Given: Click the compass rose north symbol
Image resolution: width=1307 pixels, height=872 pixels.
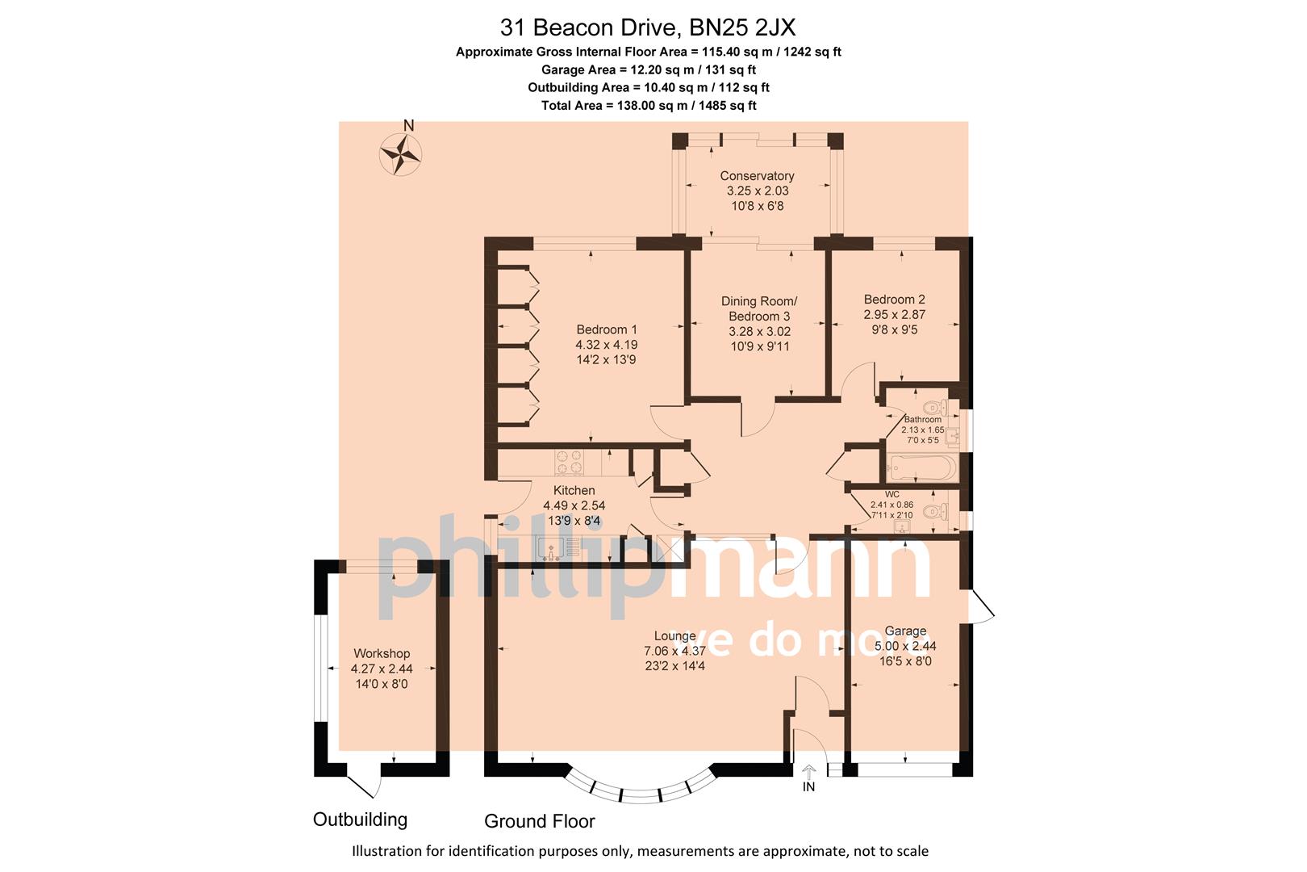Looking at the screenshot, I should point(402,152).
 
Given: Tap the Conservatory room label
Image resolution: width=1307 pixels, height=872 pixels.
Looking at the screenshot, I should point(757,176).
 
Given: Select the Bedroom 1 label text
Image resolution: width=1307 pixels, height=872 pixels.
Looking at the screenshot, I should point(607,329).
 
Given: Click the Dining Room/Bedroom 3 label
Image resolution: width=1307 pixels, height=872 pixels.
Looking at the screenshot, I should point(759,308).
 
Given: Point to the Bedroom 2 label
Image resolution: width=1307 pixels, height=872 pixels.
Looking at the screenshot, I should point(894,300).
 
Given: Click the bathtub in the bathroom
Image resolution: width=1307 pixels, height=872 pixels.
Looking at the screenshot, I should point(921,467).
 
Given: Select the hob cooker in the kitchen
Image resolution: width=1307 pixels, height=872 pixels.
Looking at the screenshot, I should point(569,462).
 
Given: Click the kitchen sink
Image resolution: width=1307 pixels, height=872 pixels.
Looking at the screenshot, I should point(553,548).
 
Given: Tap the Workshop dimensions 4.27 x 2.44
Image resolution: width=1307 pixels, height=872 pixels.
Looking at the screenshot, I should point(382,669).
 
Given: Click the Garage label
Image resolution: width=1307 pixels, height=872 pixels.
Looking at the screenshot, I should point(905,631).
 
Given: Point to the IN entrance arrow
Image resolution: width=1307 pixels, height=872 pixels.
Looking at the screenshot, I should point(809,773).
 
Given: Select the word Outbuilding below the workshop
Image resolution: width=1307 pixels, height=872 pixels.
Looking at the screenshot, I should point(360,820).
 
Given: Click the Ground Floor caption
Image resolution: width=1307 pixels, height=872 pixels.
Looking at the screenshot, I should point(539,821).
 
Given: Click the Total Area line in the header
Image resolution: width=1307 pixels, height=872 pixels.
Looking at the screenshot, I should point(648,105).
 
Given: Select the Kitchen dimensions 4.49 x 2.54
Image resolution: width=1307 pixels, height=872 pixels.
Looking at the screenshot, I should point(574,506).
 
